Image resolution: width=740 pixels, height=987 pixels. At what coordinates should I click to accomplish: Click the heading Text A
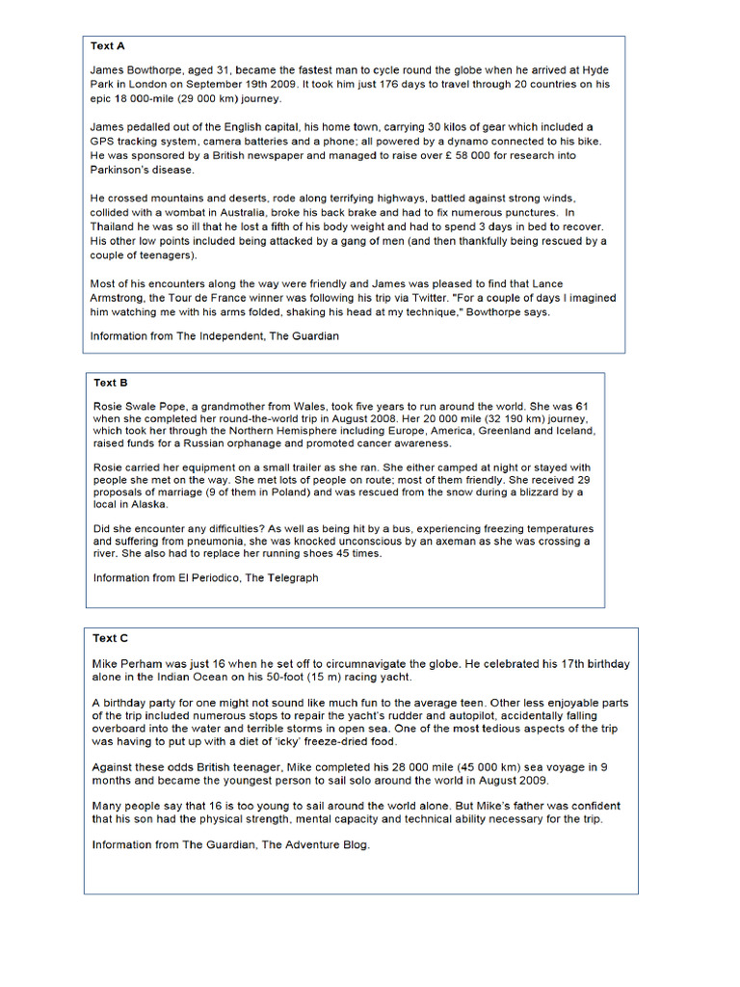tap(108, 46)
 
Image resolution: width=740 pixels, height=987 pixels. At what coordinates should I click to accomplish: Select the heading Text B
tap(111, 383)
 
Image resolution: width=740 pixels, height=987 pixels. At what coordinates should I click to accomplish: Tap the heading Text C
tap(111, 638)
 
